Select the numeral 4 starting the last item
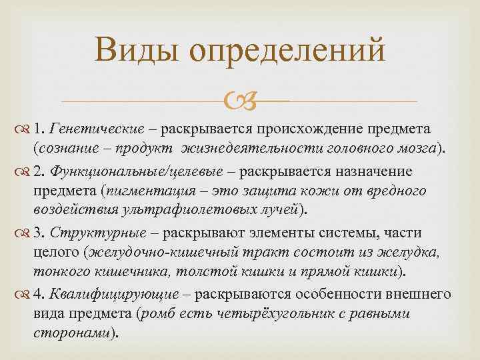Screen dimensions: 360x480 38,294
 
